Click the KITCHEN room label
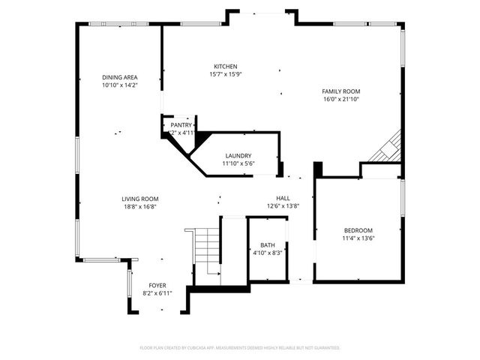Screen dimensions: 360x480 (x=226, y=66)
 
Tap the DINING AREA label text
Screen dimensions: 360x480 (x=120, y=77)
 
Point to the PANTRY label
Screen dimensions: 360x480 (x=181, y=124)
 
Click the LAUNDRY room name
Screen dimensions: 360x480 (x=238, y=155)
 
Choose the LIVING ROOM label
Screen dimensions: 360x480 (x=140, y=199)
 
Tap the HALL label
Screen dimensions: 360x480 (x=283, y=198)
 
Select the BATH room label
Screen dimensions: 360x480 (x=268, y=245)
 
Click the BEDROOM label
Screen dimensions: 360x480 (x=358, y=230)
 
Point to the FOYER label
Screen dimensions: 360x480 (x=157, y=285)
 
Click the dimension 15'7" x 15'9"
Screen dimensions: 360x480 (x=226, y=73)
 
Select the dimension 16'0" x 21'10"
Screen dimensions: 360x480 (x=341, y=99)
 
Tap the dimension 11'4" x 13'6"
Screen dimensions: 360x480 (x=358, y=238)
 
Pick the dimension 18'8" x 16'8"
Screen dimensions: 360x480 (x=140, y=207)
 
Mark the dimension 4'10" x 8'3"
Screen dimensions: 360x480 (x=268, y=253)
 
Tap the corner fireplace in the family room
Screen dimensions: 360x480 (x=387, y=148)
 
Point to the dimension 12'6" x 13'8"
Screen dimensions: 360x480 (x=283, y=206)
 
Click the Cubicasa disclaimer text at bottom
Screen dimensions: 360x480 (x=240, y=348)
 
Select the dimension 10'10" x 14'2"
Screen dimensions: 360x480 (x=120, y=85)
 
